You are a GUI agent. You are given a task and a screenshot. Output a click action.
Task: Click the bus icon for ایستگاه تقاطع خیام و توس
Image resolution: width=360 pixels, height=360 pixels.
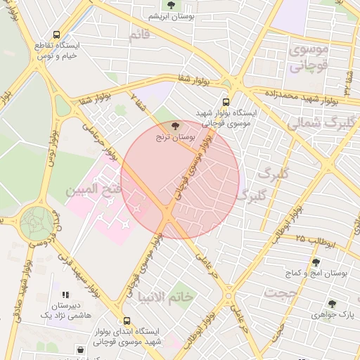tap(56, 34)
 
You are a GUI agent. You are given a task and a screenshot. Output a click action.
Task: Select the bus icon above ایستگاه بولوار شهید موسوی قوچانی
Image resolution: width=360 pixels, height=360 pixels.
tap(226, 101)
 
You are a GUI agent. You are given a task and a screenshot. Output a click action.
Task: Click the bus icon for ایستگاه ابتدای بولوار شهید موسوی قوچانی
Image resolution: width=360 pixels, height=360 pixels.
tap(126, 320)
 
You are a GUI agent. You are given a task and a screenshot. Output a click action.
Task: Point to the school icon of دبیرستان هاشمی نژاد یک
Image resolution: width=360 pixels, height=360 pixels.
tap(65, 295)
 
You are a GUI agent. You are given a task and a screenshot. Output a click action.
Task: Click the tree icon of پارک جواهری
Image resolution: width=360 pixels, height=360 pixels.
tap(332, 304)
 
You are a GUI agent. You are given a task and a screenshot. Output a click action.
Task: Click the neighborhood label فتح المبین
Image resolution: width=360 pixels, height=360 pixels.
tap(89, 191)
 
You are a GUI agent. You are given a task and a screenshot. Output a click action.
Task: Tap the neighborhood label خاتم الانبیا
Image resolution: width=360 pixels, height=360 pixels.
tap(165, 297)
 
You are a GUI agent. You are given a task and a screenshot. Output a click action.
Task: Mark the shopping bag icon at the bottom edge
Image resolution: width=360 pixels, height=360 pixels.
tap(80, 349)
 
